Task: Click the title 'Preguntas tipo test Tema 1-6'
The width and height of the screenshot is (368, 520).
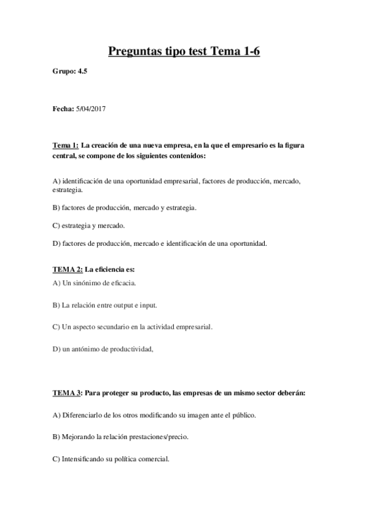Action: coord(184,52)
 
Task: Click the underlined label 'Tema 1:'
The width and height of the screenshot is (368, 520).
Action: coord(65,145)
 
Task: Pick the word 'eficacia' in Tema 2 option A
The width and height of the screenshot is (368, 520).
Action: coord(120,283)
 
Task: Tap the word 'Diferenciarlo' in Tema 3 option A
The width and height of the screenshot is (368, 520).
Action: coord(83,415)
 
